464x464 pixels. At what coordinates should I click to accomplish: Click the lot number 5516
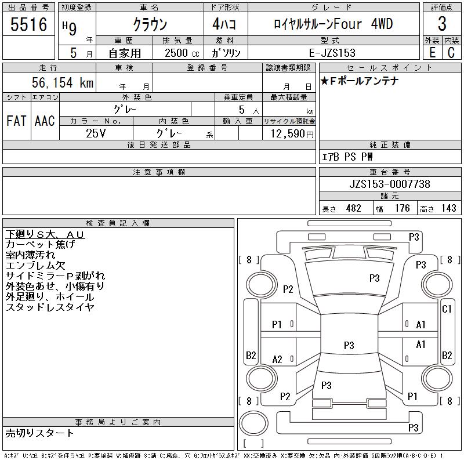(x=29, y=24)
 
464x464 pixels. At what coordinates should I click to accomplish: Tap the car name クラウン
(x=150, y=24)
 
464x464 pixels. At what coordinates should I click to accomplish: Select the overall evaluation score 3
(x=442, y=24)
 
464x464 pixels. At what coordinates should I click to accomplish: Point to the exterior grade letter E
(x=432, y=52)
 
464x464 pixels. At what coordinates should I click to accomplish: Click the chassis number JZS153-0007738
(x=390, y=184)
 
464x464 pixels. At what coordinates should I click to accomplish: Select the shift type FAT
(x=16, y=121)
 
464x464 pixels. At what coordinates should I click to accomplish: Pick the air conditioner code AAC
(x=45, y=121)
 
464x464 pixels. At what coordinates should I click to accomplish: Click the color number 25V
(x=96, y=133)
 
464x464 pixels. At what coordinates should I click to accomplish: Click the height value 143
(x=448, y=208)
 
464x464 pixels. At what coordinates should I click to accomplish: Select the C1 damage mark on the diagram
(x=447, y=309)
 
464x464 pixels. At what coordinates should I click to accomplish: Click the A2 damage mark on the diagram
(x=278, y=360)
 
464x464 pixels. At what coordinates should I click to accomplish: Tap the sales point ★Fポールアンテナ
(x=360, y=81)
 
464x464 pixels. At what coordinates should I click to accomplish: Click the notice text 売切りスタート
(x=40, y=433)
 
